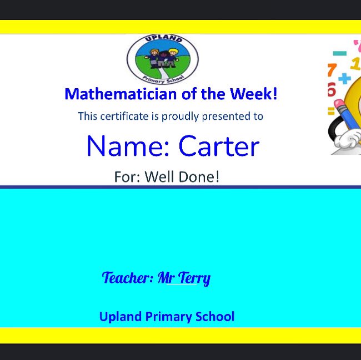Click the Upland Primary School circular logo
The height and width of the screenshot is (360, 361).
pos(162,59)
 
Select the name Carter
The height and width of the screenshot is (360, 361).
pos(219,146)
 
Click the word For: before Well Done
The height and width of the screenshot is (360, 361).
pos(127,177)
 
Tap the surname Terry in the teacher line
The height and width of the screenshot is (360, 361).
pos(194,277)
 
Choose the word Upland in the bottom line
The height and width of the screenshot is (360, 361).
pos(120,317)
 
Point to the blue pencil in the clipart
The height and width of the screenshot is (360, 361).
pos(345,116)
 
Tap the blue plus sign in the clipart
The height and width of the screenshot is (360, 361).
pos(345,79)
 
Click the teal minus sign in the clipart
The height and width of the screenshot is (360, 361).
pos(339,54)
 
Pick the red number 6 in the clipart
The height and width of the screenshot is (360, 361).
pos(332,89)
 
